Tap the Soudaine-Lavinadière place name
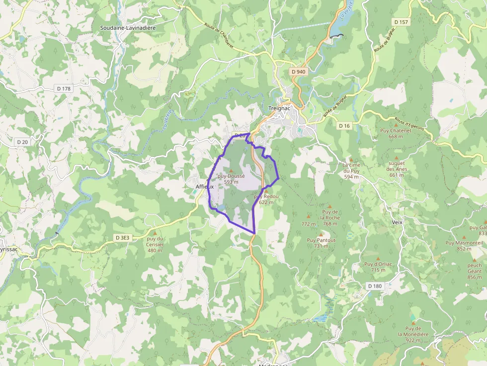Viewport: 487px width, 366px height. pyautogui.click(x=128, y=28)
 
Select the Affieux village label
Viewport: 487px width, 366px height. pyautogui.click(x=205, y=187)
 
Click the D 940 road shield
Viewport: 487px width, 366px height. pyautogui.click(x=299, y=72)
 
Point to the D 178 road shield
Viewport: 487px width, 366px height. pyautogui.click(x=64, y=88)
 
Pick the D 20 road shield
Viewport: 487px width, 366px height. pyautogui.click(x=22, y=143)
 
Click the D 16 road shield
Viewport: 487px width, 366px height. pyautogui.click(x=344, y=126)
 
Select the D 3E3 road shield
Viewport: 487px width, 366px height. pyautogui.click(x=122, y=238)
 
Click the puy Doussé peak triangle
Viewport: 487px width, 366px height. pyautogui.click(x=231, y=170)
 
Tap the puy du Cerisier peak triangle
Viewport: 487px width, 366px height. pyautogui.click(x=155, y=232)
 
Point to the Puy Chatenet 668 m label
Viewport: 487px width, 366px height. pyautogui.click(x=396, y=134)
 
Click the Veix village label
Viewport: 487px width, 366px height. pyautogui.click(x=397, y=222)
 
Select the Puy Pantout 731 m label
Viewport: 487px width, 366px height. pyautogui.click(x=321, y=243)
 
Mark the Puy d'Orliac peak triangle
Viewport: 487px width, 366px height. pyautogui.click(x=378, y=258)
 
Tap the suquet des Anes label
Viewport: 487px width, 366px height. pyautogui.click(x=397, y=166)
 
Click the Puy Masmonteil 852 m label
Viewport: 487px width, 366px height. pyautogui.click(x=464, y=245)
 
